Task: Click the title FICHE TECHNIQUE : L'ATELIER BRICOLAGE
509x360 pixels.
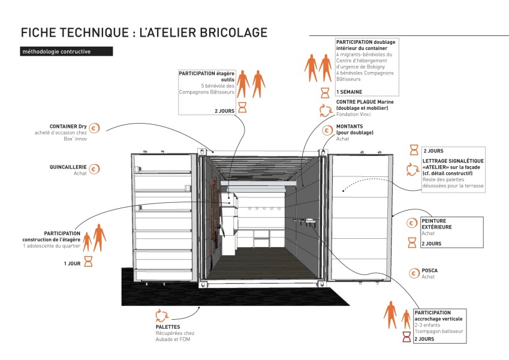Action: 143,32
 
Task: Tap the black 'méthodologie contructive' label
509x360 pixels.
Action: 65,52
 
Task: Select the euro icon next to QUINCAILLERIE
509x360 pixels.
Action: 95,170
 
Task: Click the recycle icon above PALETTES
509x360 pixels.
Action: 161,315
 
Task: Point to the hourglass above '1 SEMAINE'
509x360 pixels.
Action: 325,92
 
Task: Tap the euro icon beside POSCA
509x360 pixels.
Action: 413,274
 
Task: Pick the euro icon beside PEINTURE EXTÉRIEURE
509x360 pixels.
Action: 412,223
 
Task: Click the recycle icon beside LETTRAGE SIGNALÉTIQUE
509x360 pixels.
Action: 412,170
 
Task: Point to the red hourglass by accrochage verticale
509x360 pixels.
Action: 406,339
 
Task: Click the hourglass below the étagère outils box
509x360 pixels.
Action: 243,107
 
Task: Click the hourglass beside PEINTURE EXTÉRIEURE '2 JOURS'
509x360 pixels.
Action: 412,242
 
